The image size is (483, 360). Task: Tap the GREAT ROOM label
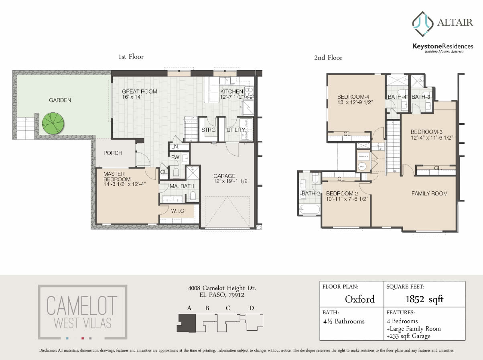pos(140,92)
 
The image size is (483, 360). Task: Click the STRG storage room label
pos(208,130)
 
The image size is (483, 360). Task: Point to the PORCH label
pos(113,153)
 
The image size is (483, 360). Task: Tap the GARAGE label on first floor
pos(224,176)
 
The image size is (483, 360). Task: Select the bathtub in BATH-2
pos(309,209)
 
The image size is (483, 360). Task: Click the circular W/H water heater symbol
pos(362,166)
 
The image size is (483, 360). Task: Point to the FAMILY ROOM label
pos(429,193)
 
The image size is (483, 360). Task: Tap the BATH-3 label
pos(421,97)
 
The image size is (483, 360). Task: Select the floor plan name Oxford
pos(360,299)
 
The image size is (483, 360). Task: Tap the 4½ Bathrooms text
pos(343,321)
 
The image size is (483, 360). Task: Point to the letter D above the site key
pos(252,308)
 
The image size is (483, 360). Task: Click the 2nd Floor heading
pos(328,58)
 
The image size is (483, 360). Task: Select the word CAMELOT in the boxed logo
pos(82,305)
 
